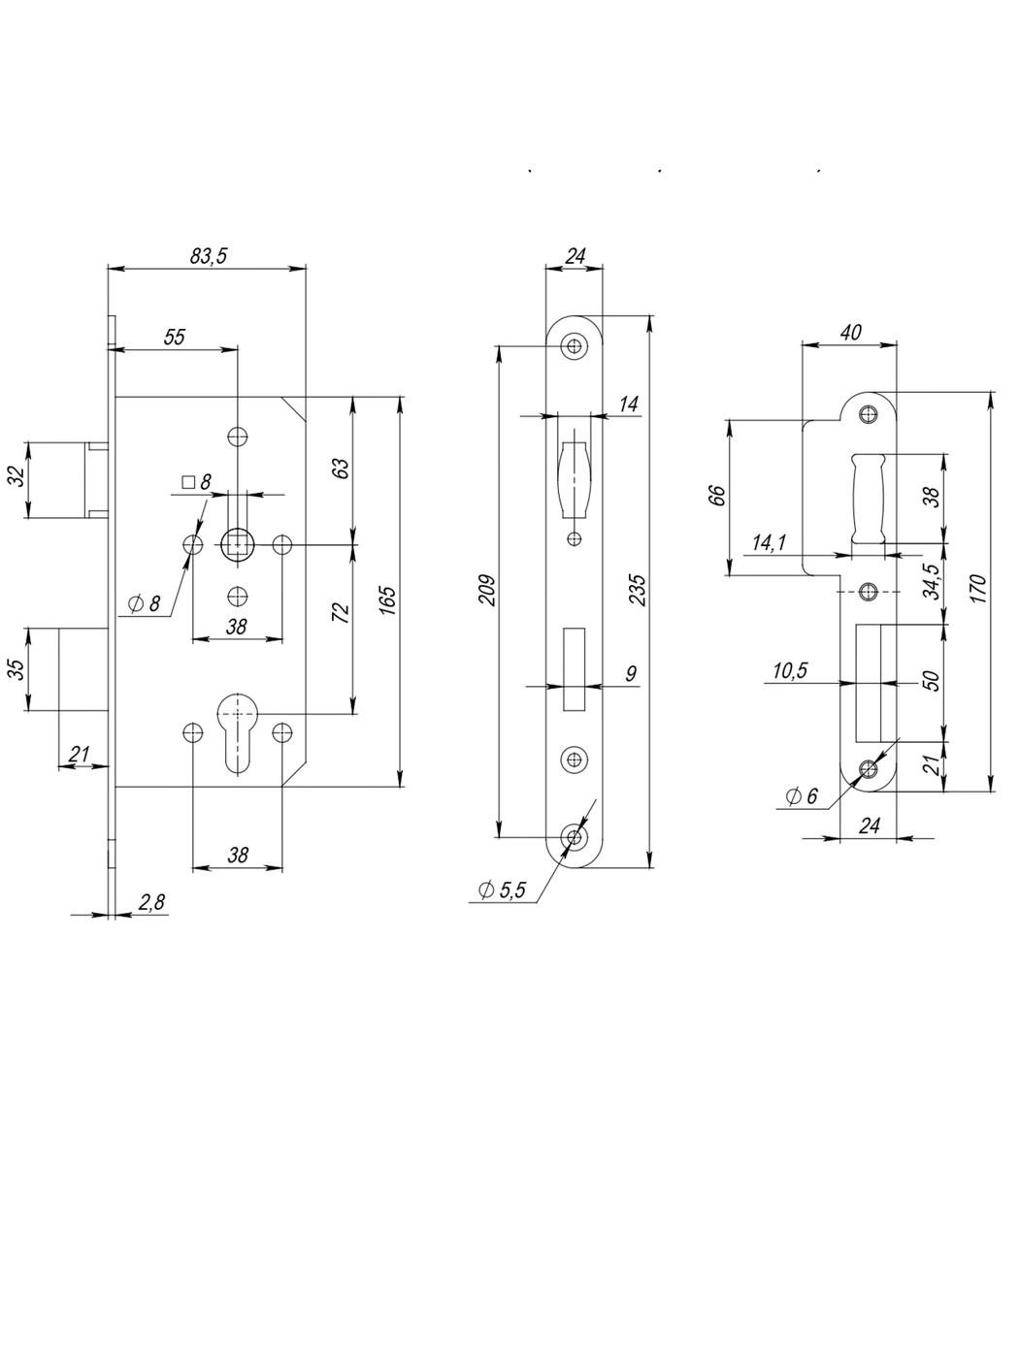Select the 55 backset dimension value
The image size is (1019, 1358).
tap(174, 337)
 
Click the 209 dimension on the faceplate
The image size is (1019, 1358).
tap(487, 591)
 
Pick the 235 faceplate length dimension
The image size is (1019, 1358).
tap(637, 591)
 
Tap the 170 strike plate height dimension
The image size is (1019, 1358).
tap(977, 591)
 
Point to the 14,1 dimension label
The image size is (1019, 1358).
tap(770, 543)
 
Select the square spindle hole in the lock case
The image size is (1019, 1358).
tap(236, 544)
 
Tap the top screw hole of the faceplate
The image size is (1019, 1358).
tap(576, 345)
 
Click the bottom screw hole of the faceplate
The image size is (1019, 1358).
tap(576, 837)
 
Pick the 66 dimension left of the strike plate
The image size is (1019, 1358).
tap(716, 496)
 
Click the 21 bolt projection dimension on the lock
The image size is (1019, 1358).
tap(81, 755)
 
